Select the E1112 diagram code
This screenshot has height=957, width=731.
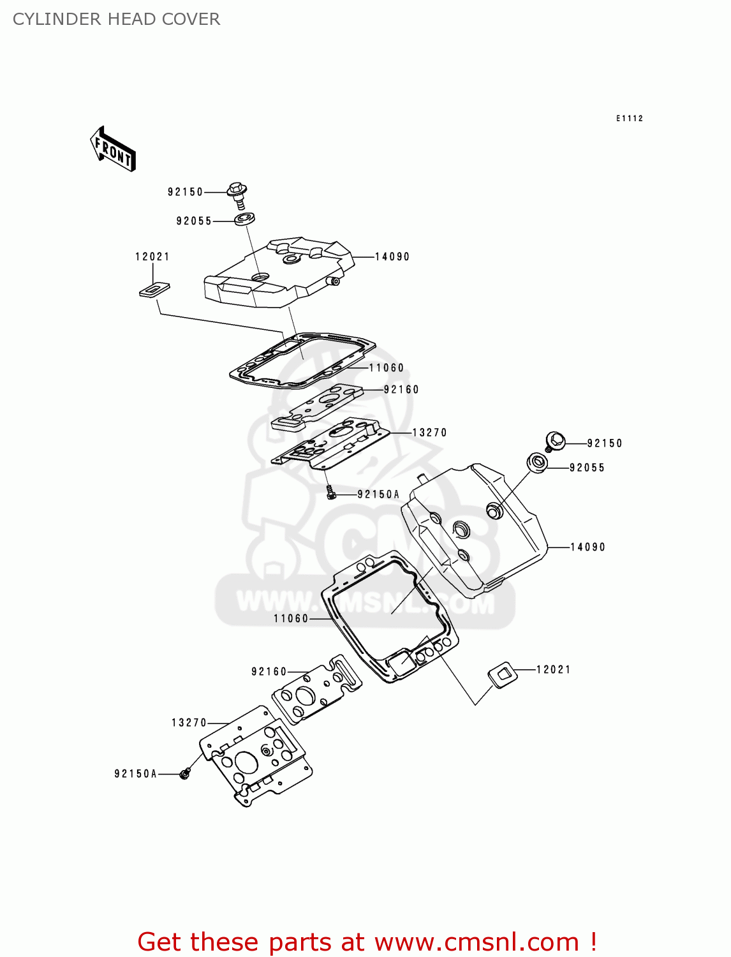[630, 119]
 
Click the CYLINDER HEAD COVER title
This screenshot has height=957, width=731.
[116, 19]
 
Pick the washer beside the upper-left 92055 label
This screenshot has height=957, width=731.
[244, 219]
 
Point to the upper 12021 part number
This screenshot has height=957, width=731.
[152, 257]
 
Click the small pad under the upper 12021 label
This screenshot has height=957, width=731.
[154, 290]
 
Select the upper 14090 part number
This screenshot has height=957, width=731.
[392, 257]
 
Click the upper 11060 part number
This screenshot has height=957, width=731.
[387, 368]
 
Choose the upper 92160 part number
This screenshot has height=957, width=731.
[401, 390]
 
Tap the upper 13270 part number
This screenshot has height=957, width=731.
[430, 433]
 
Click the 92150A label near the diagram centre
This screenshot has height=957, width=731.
[378, 494]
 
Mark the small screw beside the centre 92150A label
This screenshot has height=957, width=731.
[330, 492]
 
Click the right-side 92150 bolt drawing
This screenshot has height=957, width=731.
[556, 440]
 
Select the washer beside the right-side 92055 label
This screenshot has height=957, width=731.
[537, 463]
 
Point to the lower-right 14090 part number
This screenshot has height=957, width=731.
[587, 547]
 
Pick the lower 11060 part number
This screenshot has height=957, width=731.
[291, 619]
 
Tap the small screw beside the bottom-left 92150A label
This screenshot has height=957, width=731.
[185, 774]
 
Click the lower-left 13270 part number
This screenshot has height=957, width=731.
[189, 723]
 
